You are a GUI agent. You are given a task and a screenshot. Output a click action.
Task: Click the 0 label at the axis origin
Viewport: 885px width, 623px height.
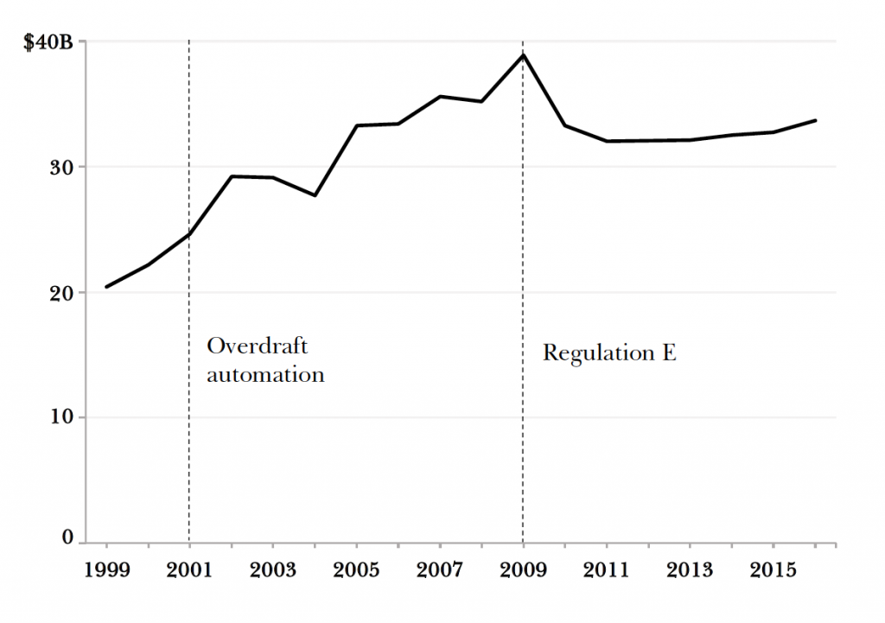[x=69, y=537]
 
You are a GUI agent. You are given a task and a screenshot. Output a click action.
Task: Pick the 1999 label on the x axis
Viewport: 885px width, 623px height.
[x=106, y=570]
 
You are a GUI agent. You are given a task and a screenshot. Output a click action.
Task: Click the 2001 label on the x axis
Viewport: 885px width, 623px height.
[x=189, y=570]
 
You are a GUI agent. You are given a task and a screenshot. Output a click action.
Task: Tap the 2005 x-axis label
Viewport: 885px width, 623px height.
[x=356, y=570]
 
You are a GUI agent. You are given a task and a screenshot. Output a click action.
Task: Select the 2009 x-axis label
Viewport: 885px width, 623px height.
[x=523, y=570]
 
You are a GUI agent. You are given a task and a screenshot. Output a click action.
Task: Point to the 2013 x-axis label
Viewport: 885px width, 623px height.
[x=690, y=570]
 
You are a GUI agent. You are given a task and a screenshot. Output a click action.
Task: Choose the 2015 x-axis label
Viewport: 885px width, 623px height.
[x=773, y=570]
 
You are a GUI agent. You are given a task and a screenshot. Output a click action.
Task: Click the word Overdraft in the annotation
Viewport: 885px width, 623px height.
[x=258, y=346]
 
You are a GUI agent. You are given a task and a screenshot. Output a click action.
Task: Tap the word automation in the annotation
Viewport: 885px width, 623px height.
[x=265, y=375]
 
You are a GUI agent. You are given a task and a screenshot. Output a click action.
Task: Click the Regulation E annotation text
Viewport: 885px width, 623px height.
[x=609, y=353]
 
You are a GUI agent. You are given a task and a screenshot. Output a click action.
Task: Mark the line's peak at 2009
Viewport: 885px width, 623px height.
[x=523, y=55]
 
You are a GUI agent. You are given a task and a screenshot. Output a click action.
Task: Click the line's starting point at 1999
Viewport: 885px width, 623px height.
[x=106, y=286]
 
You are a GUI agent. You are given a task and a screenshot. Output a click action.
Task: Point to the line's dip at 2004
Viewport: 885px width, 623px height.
[x=315, y=195]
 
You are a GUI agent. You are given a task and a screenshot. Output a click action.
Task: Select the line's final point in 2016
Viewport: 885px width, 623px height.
[x=815, y=120]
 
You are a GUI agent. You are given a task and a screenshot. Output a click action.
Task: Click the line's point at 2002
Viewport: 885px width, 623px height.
[x=232, y=176]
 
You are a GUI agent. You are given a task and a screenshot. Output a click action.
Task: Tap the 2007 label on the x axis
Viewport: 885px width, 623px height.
[x=440, y=570]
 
